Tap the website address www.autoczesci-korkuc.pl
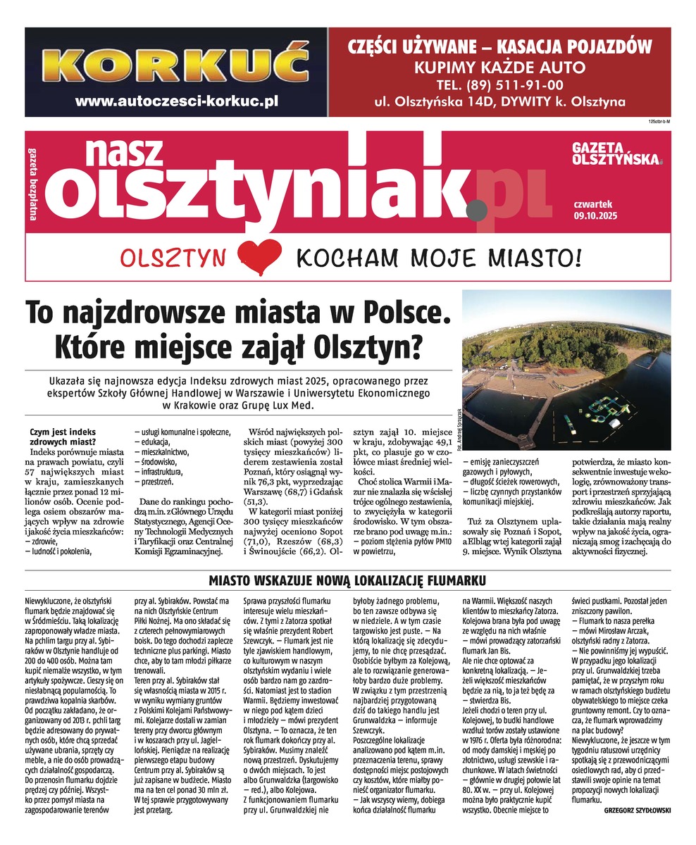pos(177,101)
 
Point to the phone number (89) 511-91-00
pos(500,85)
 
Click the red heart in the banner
pos(261,255)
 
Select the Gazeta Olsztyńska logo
pos(617,153)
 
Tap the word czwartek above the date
pos(592,204)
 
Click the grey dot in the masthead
pos(477,209)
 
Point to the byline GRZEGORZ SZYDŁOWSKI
pos(638,810)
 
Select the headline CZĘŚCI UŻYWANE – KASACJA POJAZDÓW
pos(500,47)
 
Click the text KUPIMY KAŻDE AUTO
pos(499,68)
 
